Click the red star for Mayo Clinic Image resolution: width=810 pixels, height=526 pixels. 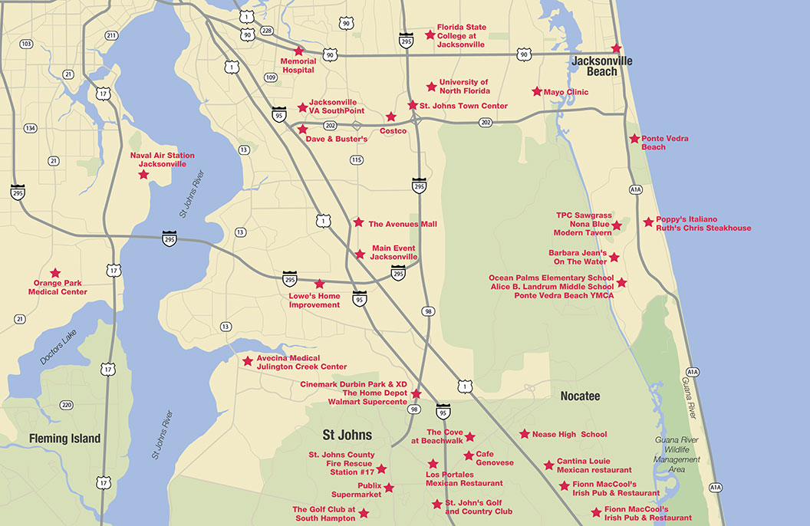pyautogui.click(x=537, y=91)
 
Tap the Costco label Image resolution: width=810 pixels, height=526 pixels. pyautogui.click(x=393, y=131)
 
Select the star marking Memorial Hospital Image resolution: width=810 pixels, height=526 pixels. pyautogui.click(x=298, y=51)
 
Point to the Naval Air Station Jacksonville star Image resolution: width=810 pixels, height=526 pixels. pyautogui.click(x=143, y=175)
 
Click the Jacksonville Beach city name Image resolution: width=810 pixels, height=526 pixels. pyautogui.click(x=601, y=66)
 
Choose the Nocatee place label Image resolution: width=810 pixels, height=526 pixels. pyautogui.click(x=580, y=396)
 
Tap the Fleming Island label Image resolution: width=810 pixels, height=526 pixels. pyautogui.click(x=64, y=439)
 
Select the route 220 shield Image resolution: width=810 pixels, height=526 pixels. pyautogui.click(x=67, y=405)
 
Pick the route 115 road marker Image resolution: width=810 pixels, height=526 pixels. pyautogui.click(x=356, y=159)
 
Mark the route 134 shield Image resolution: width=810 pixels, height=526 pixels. pyautogui.click(x=31, y=127)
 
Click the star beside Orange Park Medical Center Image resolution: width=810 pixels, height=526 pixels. pyautogui.click(x=55, y=273)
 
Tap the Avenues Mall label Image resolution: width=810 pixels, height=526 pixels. pyautogui.click(x=403, y=224)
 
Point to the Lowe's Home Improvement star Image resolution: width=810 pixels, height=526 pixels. pyautogui.click(x=320, y=284)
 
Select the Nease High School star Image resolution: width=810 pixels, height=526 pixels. pyautogui.click(x=525, y=434)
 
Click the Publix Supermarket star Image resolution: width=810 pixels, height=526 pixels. pyautogui.click(x=389, y=488)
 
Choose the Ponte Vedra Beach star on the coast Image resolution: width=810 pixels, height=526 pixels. pyautogui.click(x=634, y=139)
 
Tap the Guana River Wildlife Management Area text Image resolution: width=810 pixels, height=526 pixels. pyautogui.click(x=677, y=454)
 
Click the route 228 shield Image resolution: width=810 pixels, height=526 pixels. pyautogui.click(x=267, y=30)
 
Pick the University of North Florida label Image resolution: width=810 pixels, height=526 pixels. pyautogui.click(x=463, y=87)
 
